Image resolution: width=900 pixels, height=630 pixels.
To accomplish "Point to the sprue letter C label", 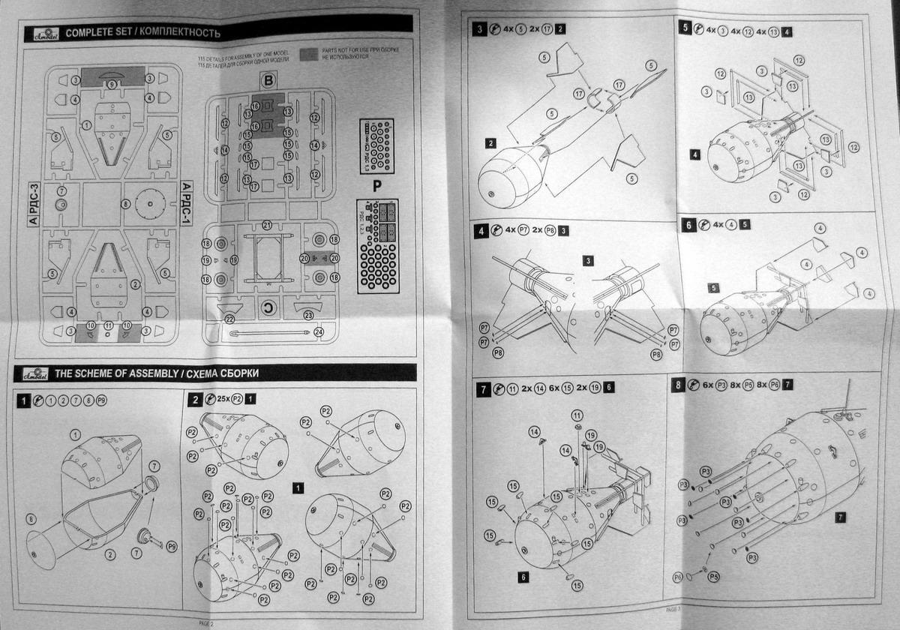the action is [x=267, y=307].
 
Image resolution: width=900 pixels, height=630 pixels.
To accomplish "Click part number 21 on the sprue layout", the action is [x=268, y=225].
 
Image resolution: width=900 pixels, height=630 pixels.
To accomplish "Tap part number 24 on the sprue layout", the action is [x=318, y=332].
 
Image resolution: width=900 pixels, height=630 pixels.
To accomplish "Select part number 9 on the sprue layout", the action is [x=112, y=85].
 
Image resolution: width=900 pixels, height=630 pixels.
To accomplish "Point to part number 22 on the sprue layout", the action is [x=229, y=318].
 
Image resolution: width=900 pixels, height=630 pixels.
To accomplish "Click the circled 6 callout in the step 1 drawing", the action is [x=31, y=519].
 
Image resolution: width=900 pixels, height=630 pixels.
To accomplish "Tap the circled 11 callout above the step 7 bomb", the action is [x=577, y=414].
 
